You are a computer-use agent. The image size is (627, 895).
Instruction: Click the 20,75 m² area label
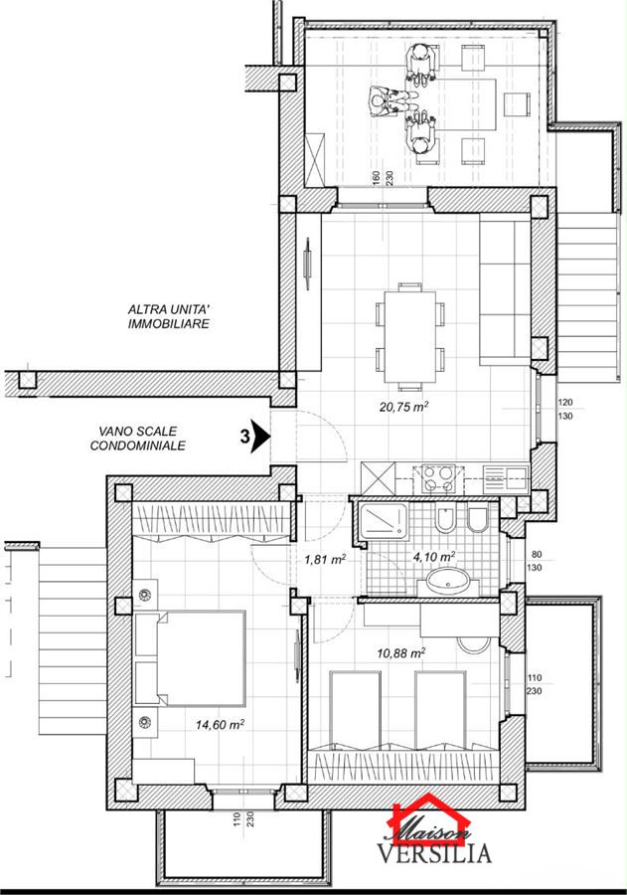[404, 407]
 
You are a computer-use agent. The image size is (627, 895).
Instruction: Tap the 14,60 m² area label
[220, 724]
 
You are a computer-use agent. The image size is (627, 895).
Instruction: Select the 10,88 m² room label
[401, 652]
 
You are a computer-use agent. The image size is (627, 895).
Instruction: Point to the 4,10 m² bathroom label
[433, 555]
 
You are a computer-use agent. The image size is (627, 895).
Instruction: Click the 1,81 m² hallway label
[325, 559]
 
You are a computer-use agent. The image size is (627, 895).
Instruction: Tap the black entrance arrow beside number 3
[260, 437]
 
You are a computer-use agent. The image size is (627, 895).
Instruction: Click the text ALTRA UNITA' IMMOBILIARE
[169, 317]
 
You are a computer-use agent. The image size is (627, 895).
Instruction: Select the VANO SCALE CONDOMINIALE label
[137, 439]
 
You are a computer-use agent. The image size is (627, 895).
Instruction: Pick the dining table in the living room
[409, 336]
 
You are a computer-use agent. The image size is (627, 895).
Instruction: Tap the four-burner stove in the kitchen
[438, 478]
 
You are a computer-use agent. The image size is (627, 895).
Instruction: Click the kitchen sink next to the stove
[506, 478]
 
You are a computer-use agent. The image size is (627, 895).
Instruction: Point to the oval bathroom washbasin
[448, 584]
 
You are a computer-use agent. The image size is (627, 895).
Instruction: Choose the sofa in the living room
[506, 289]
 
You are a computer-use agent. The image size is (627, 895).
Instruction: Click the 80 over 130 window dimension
[536, 561]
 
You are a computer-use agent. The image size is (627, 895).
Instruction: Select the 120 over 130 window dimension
[564, 410]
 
